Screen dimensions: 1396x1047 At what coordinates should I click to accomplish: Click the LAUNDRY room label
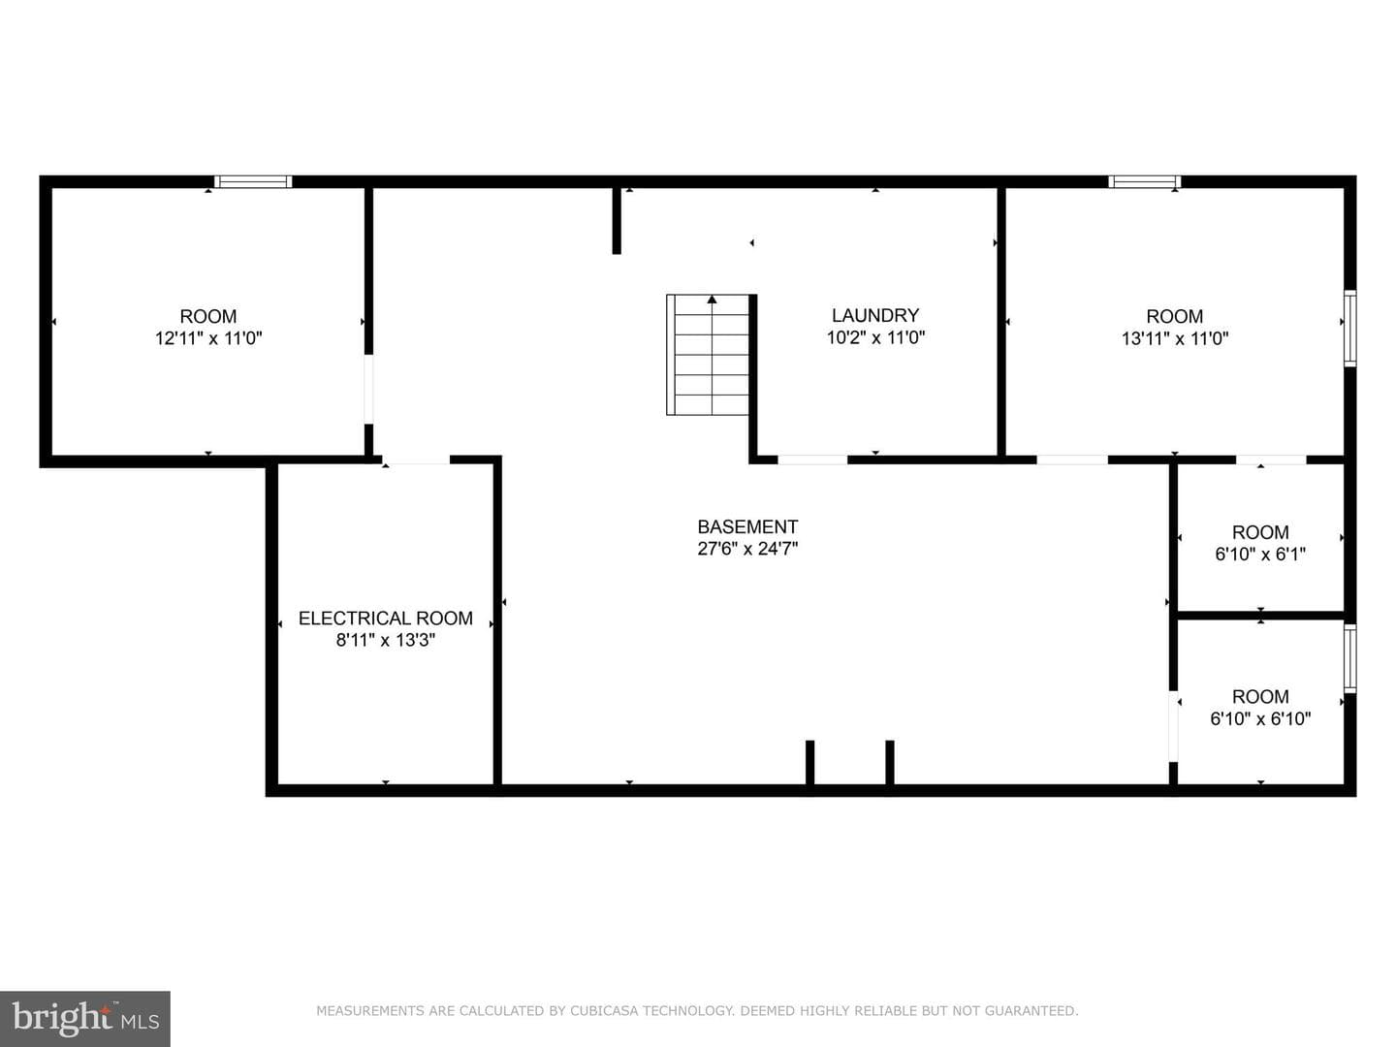pyautogui.click(x=875, y=315)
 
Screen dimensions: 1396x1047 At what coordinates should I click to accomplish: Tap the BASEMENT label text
pyautogui.click(x=747, y=527)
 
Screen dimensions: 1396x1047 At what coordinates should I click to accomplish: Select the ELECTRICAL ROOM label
pyautogui.click(x=386, y=619)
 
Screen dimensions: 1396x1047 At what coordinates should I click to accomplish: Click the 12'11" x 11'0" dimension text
pyautogui.click(x=208, y=338)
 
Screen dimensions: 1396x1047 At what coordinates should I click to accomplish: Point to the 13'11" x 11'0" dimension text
pyautogui.click(x=1175, y=338)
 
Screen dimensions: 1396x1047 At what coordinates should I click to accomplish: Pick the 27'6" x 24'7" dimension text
pyautogui.click(x=747, y=549)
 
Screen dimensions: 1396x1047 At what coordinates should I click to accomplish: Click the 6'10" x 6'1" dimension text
pyautogui.click(x=1260, y=555)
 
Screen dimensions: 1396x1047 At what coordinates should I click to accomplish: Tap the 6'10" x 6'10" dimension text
pyautogui.click(x=1260, y=719)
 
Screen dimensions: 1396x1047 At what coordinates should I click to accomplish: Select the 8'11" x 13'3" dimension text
pyautogui.click(x=386, y=640)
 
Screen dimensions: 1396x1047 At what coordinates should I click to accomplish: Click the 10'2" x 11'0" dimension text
pyautogui.click(x=875, y=337)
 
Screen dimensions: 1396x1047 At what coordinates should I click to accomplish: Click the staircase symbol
pyautogui.click(x=708, y=355)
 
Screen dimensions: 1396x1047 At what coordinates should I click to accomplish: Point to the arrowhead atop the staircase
pyautogui.click(x=712, y=299)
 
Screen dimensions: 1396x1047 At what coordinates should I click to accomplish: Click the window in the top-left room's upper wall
pyautogui.click(x=252, y=182)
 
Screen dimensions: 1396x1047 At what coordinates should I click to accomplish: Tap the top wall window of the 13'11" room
pyautogui.click(x=1144, y=182)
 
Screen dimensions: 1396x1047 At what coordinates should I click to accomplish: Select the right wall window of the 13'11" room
pyautogui.click(x=1349, y=328)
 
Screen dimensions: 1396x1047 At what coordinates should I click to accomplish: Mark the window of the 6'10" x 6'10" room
pyautogui.click(x=1349, y=658)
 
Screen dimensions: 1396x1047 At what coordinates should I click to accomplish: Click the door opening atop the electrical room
pyautogui.click(x=416, y=460)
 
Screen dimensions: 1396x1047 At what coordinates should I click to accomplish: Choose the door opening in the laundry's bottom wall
pyautogui.click(x=812, y=460)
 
